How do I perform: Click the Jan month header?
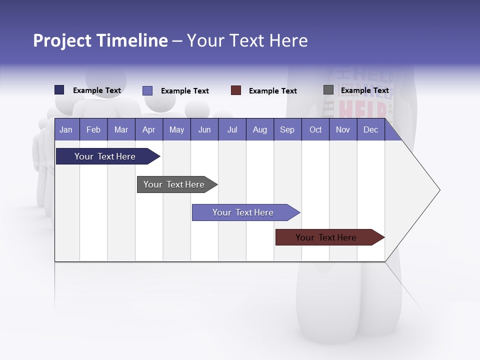(x=66, y=129)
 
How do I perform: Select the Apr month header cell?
(x=148, y=129)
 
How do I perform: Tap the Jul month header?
(x=232, y=129)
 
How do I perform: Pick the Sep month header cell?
(x=287, y=129)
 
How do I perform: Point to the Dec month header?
(x=370, y=129)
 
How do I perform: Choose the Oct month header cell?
(x=315, y=129)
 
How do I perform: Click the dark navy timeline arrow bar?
(x=105, y=156)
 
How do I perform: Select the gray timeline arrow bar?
(x=174, y=184)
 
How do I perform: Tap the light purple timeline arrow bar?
(x=243, y=212)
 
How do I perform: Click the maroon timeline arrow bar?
(x=326, y=237)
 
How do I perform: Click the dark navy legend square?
(x=59, y=90)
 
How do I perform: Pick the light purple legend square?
(x=147, y=90)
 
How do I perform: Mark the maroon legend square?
(x=236, y=90)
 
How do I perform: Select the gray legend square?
(x=328, y=90)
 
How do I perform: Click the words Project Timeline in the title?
(x=100, y=40)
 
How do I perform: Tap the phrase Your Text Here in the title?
(x=247, y=40)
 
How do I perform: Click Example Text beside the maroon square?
(x=272, y=91)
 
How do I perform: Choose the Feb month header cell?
(x=93, y=129)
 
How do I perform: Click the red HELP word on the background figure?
(x=362, y=110)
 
